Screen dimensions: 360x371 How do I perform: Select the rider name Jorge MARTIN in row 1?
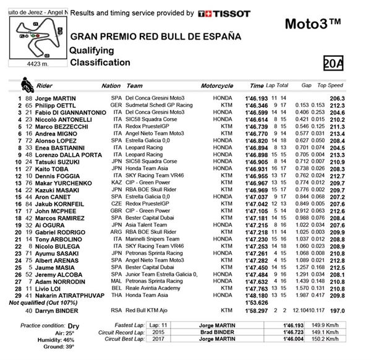57,98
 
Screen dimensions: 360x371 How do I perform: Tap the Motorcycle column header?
216,86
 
